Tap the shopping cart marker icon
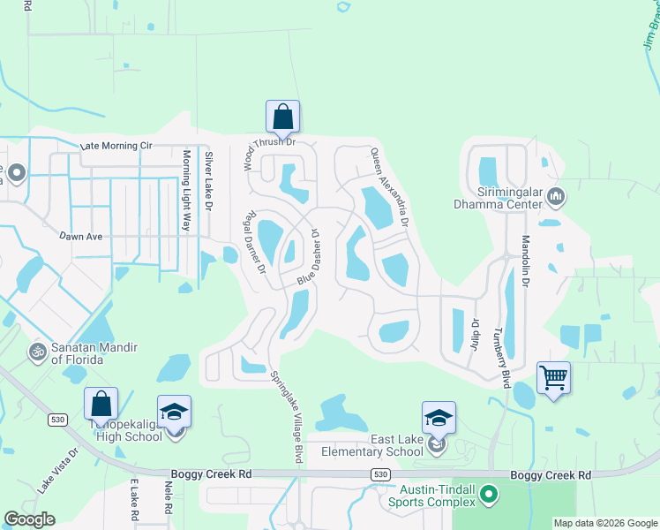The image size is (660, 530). coord(553,378)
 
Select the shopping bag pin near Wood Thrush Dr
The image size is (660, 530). coord(282,117)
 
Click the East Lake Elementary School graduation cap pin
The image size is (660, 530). coord(439,418)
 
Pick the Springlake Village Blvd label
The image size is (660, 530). coord(286,415)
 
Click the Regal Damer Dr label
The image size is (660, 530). coord(255,241)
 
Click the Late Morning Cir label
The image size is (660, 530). coord(116,146)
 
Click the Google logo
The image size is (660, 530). coord(29,519)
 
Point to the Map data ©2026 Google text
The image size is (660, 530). coord(604,523)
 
